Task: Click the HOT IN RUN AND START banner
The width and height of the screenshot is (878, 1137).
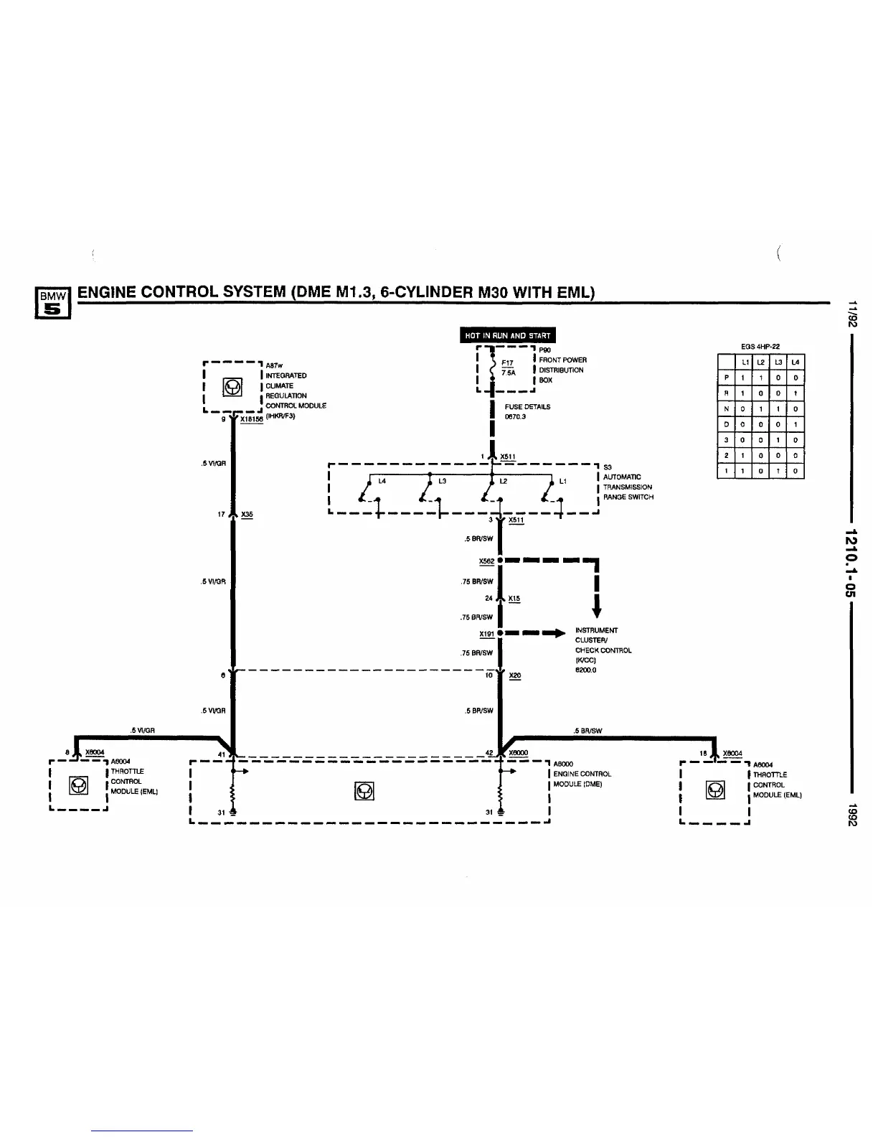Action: coord(507,335)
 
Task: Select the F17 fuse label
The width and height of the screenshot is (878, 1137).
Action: coord(507,363)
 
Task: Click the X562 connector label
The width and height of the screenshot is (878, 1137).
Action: coord(486,561)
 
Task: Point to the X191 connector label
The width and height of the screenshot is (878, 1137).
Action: coord(486,634)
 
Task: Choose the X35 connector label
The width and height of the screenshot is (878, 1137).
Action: coord(247,515)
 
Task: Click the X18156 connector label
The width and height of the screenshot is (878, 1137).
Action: coord(251,419)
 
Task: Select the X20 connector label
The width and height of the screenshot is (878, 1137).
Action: coord(515,676)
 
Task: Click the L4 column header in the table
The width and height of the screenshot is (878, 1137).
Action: coord(796,362)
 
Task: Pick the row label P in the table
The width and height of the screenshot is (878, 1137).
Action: coord(726,378)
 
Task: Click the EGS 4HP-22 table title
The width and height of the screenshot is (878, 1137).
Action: coord(760,346)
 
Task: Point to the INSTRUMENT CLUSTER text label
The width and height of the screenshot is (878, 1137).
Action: coord(596,635)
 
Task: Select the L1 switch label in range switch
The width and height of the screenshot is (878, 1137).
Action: coord(563,482)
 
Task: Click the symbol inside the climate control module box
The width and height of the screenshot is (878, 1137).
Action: coord(232,388)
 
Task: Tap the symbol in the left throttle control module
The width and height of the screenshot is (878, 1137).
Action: coord(78,786)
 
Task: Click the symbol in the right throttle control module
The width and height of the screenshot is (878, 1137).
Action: coord(714,790)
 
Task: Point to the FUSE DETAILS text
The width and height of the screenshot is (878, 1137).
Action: coord(527,407)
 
